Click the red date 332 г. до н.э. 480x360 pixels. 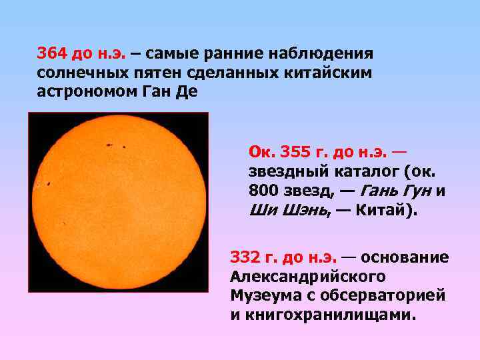pyautogui.click(x=284, y=257)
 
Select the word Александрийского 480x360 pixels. pyautogui.click(x=308, y=276)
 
